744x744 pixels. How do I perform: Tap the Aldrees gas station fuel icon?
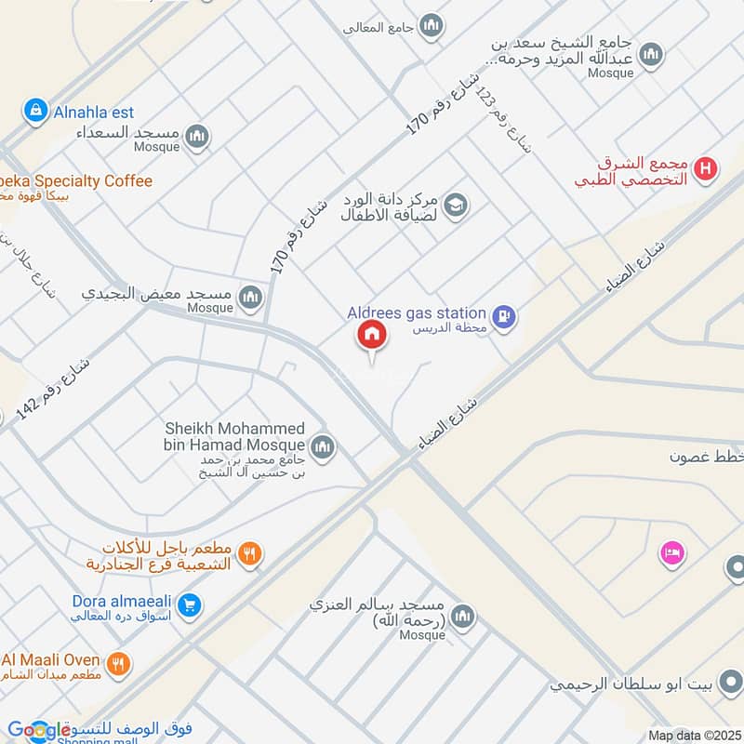click(504, 316)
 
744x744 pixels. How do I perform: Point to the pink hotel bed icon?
click(671, 553)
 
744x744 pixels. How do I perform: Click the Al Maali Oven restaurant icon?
click(117, 664)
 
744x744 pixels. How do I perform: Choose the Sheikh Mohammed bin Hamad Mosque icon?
click(323, 448)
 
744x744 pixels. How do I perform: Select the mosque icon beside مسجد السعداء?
click(196, 138)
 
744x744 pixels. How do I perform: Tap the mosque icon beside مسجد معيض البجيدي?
click(249, 298)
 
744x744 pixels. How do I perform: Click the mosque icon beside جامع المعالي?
click(431, 26)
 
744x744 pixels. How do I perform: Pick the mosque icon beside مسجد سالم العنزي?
click(461, 616)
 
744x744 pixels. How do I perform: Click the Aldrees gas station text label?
click(416, 313)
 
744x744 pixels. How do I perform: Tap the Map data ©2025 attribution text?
click(694, 735)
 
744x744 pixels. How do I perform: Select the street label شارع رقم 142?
click(54, 381)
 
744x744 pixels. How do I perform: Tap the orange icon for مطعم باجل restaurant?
click(249, 555)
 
